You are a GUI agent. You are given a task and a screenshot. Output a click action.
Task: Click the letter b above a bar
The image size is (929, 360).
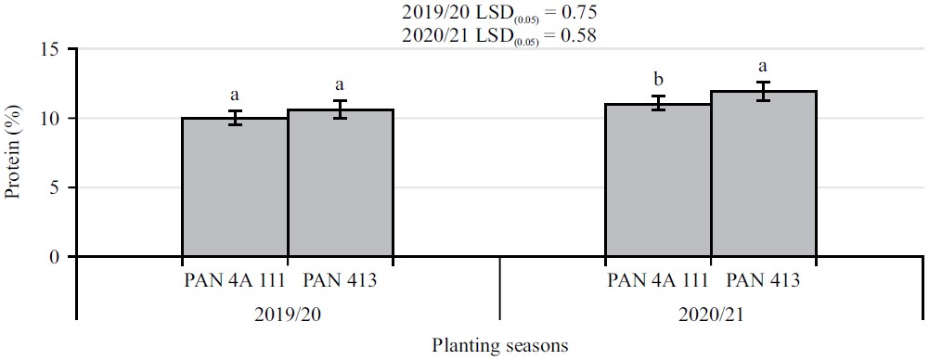pyautogui.click(x=658, y=80)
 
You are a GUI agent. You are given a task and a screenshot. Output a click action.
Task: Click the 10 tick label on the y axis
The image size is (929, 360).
pyautogui.click(x=54, y=119)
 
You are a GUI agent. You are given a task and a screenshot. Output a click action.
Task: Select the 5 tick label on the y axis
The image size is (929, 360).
pyautogui.click(x=58, y=187)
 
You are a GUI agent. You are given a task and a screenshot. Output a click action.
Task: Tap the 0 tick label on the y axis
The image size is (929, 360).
pyautogui.click(x=58, y=257)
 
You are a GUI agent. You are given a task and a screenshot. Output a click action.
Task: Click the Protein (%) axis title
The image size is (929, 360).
pyautogui.click(x=13, y=153)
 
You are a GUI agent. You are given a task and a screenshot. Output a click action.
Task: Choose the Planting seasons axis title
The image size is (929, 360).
pyautogui.click(x=499, y=344)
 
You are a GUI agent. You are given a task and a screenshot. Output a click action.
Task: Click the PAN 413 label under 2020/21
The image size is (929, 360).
pyautogui.click(x=762, y=279)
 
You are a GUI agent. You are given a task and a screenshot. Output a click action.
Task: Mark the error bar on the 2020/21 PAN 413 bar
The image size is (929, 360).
pyautogui.click(x=764, y=91)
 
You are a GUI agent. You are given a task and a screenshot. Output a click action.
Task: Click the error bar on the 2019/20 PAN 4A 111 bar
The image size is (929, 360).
pyautogui.click(x=235, y=118)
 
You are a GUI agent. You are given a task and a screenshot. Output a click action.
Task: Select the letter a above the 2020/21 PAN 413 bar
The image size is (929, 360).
pyautogui.click(x=764, y=67)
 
